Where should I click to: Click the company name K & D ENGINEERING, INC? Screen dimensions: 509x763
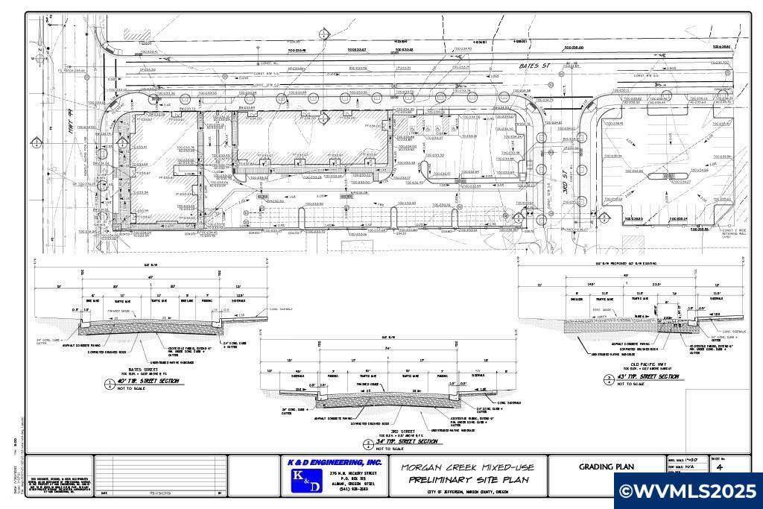click(x=335, y=463)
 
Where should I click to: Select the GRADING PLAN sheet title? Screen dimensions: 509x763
click(x=607, y=467)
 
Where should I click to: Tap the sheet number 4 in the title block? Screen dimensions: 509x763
click(x=719, y=467)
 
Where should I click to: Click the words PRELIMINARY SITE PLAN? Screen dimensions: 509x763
click(x=469, y=480)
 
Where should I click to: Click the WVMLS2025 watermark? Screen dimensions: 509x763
click(x=688, y=491)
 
